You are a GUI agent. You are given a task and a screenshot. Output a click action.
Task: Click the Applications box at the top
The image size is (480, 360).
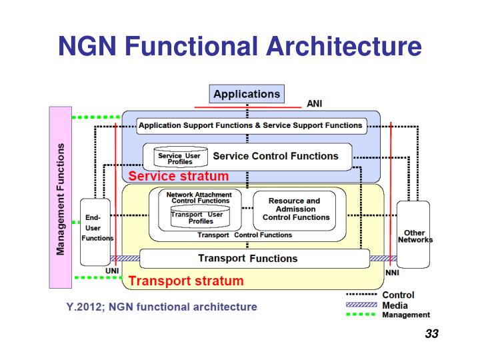[247, 94]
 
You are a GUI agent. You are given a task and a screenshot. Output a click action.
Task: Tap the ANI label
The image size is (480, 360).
[315, 104]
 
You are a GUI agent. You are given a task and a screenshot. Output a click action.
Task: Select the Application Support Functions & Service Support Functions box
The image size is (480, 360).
[250, 125]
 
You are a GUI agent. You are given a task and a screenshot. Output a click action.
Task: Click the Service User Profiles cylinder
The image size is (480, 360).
[179, 157]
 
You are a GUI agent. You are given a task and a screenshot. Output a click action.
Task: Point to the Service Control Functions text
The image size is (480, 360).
[275, 156]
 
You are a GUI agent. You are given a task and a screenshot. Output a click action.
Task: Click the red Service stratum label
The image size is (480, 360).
[178, 177]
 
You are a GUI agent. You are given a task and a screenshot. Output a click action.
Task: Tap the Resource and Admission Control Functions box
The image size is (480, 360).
[294, 209]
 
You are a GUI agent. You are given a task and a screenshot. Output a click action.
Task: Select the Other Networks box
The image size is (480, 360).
[414, 235]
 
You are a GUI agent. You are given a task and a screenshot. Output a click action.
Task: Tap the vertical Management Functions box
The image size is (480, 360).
[61, 198]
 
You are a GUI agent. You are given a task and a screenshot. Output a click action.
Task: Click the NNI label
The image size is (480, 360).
[393, 273]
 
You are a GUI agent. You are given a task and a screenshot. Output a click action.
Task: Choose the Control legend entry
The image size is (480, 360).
[397, 295]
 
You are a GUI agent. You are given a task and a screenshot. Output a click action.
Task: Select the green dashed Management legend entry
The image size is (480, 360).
[405, 315]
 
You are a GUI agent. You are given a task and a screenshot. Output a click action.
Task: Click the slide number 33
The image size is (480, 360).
[431, 334]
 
